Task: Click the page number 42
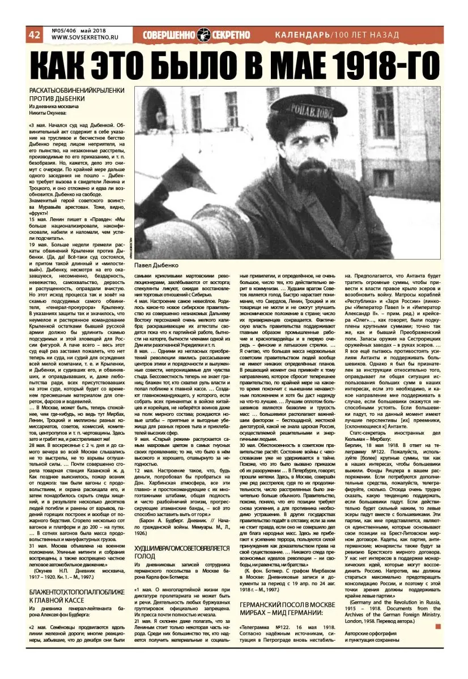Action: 34,35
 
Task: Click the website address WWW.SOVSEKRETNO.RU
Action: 82,38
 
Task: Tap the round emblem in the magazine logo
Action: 205,35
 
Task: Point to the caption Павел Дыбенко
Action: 157,265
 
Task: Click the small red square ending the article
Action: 437,626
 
